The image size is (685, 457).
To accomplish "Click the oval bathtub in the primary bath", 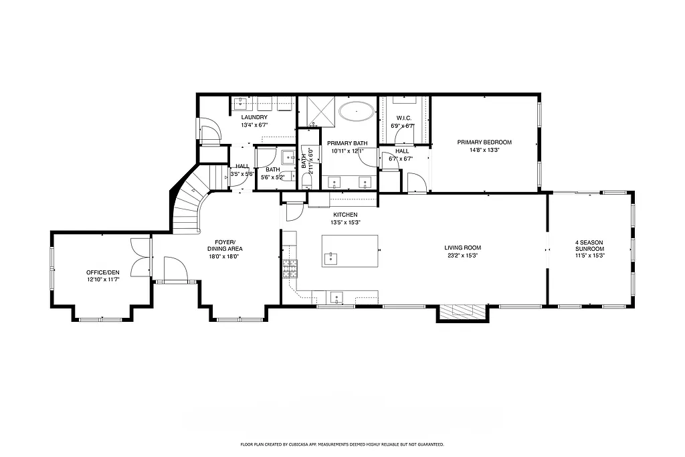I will click(357, 110).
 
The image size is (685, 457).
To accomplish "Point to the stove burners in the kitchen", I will click(289, 269).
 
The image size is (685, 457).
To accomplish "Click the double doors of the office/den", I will click(141, 257).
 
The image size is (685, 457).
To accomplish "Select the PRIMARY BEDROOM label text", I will click(484, 142).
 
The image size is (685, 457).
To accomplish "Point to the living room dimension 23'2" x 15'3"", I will click(463, 256).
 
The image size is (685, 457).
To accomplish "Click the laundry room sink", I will click(241, 103).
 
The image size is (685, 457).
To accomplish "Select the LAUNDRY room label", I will click(254, 118).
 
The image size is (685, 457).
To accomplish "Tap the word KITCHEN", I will click(345, 214).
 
